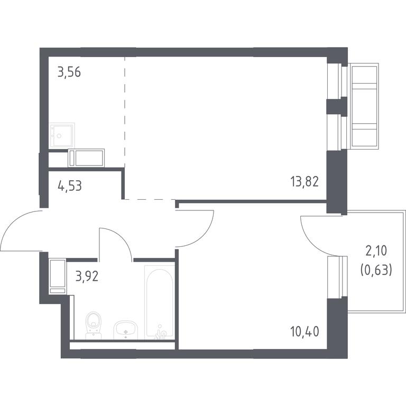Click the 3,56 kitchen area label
tap(69, 72)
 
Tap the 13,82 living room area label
tap(304, 181)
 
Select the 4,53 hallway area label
tap(70, 186)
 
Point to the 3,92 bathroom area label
tap(87, 276)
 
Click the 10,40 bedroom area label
tap(304, 331)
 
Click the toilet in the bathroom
tap(93, 325)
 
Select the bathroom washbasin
tap(125, 330)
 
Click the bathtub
tap(160, 302)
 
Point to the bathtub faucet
tap(160, 333)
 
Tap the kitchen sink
tap(62, 135)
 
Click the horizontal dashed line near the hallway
tap(150, 199)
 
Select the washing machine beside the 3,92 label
tap(58, 276)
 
